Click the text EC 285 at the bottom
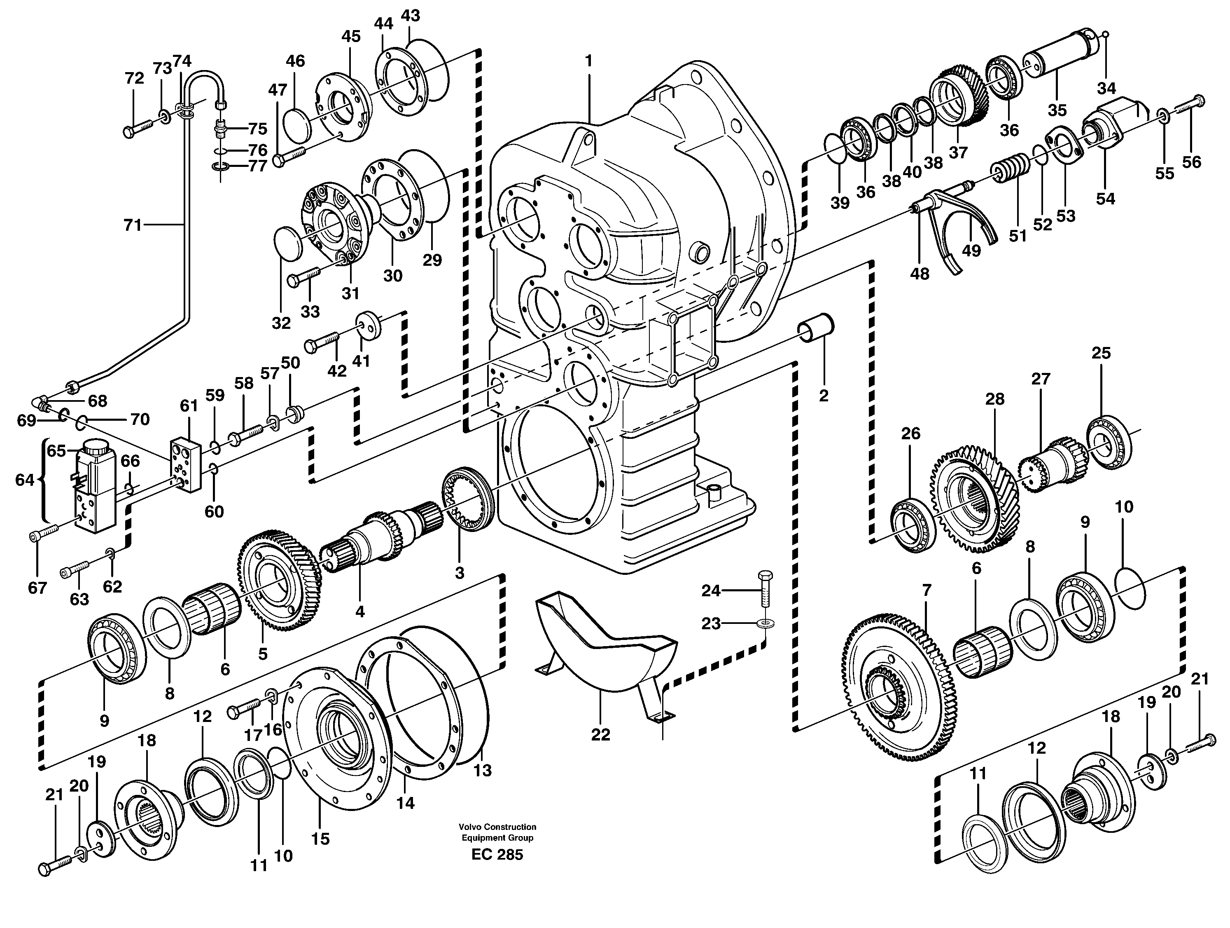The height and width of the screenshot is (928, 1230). pyautogui.click(x=497, y=855)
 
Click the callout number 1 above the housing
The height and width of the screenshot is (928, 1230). pyautogui.click(x=589, y=60)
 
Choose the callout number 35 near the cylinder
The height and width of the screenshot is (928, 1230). pyautogui.click(x=1057, y=110)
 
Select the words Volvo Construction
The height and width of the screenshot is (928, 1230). pyautogui.click(x=497, y=827)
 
